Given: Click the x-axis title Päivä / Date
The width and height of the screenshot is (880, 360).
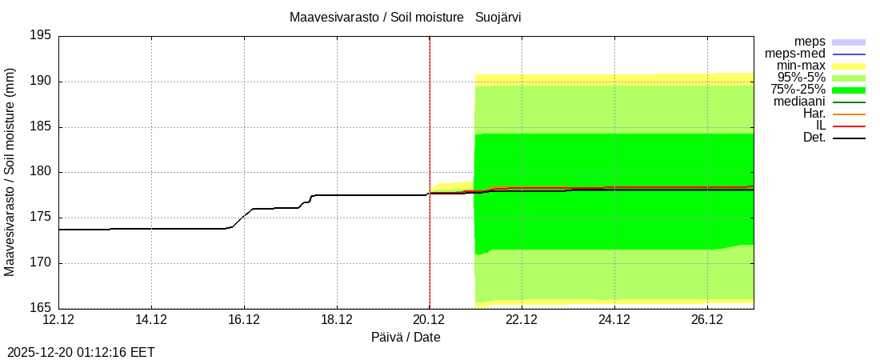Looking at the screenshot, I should tap(406, 338).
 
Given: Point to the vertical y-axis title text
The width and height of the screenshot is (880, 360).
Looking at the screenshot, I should tap(10, 172).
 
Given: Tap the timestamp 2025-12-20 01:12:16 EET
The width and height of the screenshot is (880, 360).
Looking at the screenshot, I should tap(81, 352).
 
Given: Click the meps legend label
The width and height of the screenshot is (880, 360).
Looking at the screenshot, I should tap(810, 42).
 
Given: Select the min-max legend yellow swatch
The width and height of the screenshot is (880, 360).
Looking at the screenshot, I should tap(849, 66).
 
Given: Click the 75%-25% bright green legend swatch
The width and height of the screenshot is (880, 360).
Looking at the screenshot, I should tap(849, 90).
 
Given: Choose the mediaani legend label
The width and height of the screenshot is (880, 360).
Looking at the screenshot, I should tap(799, 102).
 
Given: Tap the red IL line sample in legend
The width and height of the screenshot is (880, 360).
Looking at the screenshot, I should tap(849, 126).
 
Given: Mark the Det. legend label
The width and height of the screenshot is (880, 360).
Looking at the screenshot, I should tap(814, 138).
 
